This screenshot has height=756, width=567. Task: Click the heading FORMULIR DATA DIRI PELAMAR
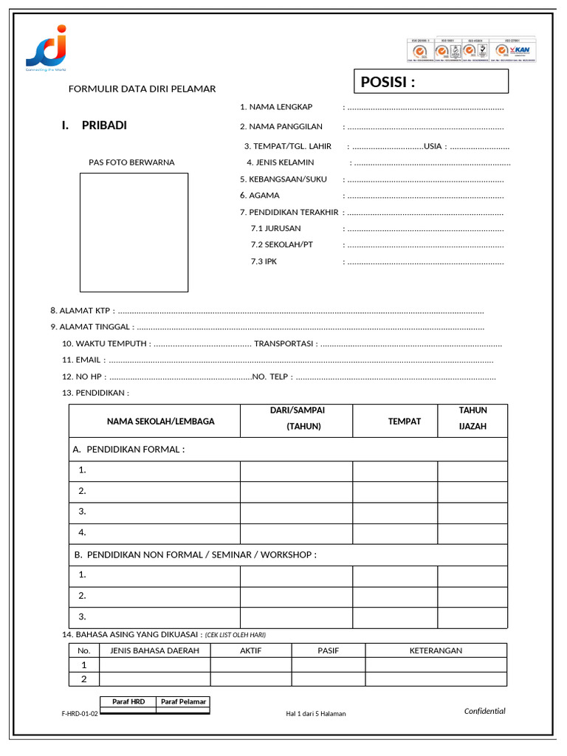coord(142,89)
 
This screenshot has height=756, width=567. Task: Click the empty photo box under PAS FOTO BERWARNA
coord(134,232)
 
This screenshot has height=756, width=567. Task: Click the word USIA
coord(433,146)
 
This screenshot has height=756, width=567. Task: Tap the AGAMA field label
coord(264,196)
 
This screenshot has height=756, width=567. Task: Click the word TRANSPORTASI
coord(284,343)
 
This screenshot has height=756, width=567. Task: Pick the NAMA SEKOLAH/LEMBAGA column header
coord(160,422)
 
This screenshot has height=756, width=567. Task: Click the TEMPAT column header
coord(405,422)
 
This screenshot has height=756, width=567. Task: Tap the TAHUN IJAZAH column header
coord(472,419)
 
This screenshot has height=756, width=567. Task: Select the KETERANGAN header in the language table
coord(436,650)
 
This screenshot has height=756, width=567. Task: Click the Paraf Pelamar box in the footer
coord(183,702)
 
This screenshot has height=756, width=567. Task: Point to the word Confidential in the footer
coord(484,711)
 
